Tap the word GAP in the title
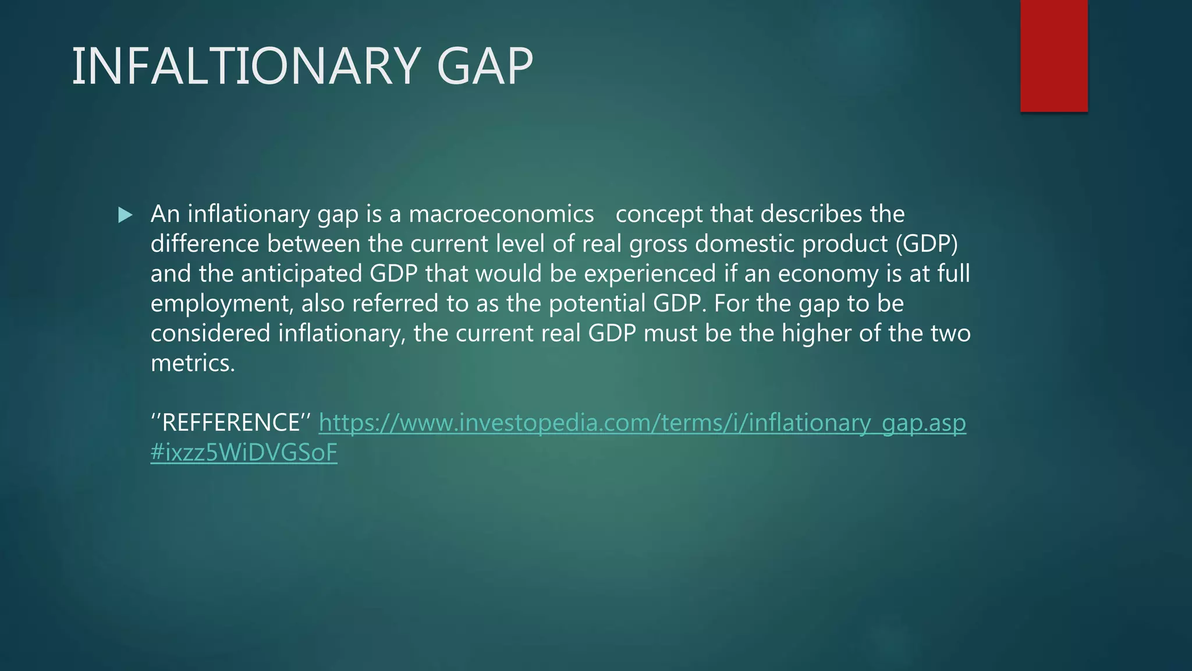point(484,66)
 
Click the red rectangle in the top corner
point(1053,56)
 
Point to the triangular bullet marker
point(125,216)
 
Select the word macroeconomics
point(501,214)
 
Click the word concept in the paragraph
point(659,214)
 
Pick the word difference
point(204,244)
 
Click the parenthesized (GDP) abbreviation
point(926,244)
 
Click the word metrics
point(193,363)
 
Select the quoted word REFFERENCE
point(231,423)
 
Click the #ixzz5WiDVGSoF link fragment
point(244,453)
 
